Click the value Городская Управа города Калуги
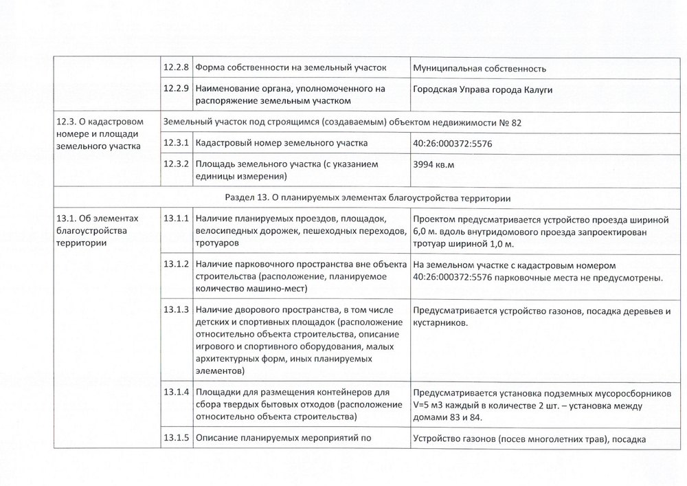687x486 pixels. pos(483,89)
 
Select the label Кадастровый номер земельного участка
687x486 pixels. pos(281,143)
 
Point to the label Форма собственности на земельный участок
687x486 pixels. pos(291,68)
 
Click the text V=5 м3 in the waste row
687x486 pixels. pos(430,405)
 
